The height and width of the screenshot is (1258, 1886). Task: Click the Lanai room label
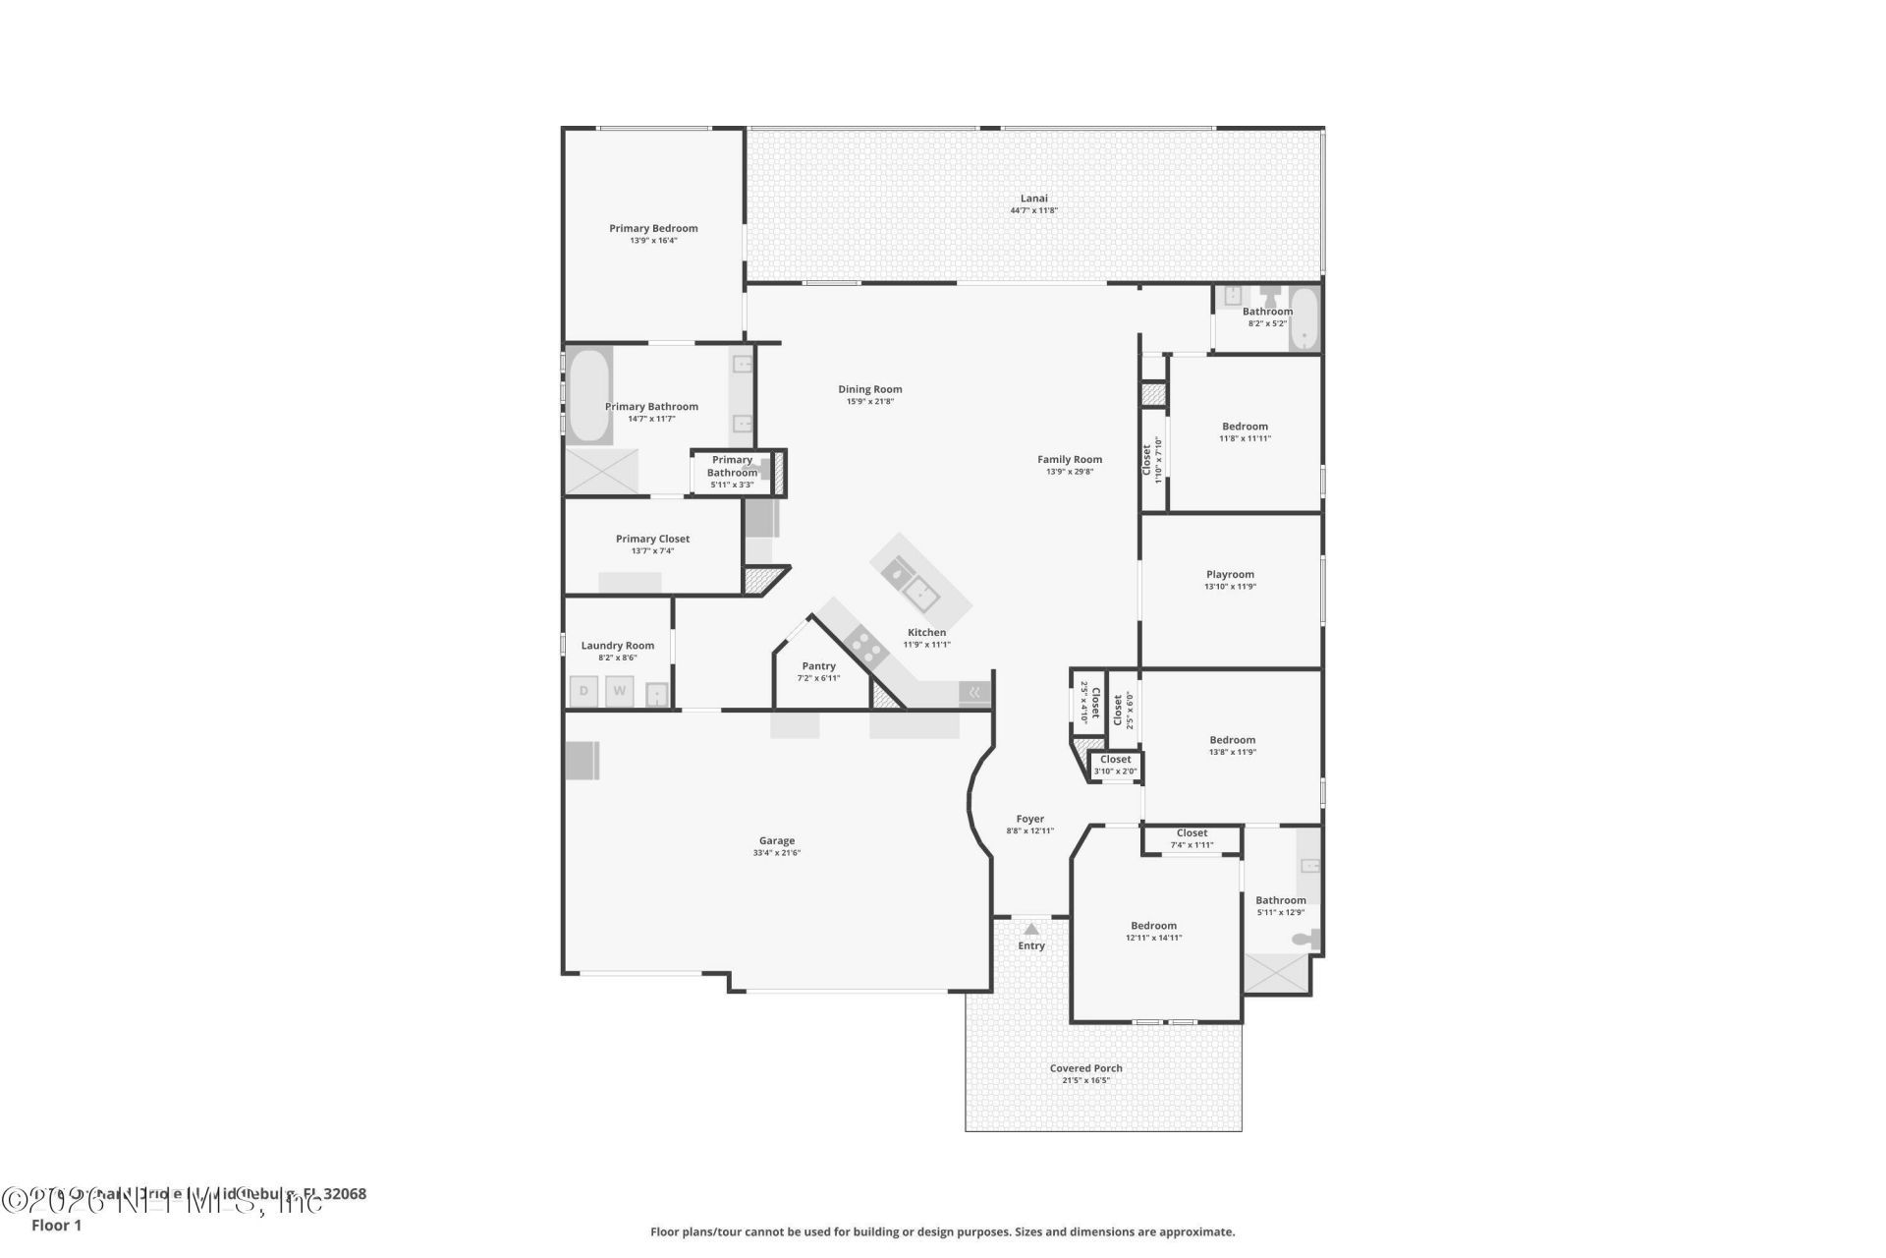(x=1033, y=199)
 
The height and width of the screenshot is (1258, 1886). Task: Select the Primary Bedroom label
(x=653, y=229)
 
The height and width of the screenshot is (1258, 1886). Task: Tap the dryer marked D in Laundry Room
(x=583, y=691)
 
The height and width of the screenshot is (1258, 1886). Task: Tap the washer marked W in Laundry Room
(x=619, y=691)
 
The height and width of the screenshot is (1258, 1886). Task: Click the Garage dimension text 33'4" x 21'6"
(x=776, y=853)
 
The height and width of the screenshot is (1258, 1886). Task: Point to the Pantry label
(x=818, y=666)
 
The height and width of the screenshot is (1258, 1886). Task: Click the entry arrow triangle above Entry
(x=1030, y=929)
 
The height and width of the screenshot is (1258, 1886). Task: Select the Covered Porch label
(x=1085, y=1068)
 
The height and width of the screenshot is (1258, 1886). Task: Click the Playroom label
(x=1230, y=575)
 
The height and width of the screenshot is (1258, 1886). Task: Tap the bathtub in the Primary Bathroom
(x=588, y=395)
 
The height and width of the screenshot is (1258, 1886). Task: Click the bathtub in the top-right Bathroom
(x=1304, y=318)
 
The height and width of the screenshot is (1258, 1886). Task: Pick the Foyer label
(x=1029, y=819)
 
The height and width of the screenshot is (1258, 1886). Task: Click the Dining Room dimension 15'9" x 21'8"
(x=869, y=401)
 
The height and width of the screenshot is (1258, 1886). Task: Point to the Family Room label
(x=1070, y=459)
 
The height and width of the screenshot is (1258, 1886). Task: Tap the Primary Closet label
(x=652, y=539)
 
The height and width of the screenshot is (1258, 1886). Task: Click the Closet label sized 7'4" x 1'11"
(x=1192, y=833)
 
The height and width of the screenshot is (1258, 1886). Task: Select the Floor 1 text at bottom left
(x=56, y=1226)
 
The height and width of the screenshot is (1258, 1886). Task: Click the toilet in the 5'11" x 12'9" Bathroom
(x=1304, y=940)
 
